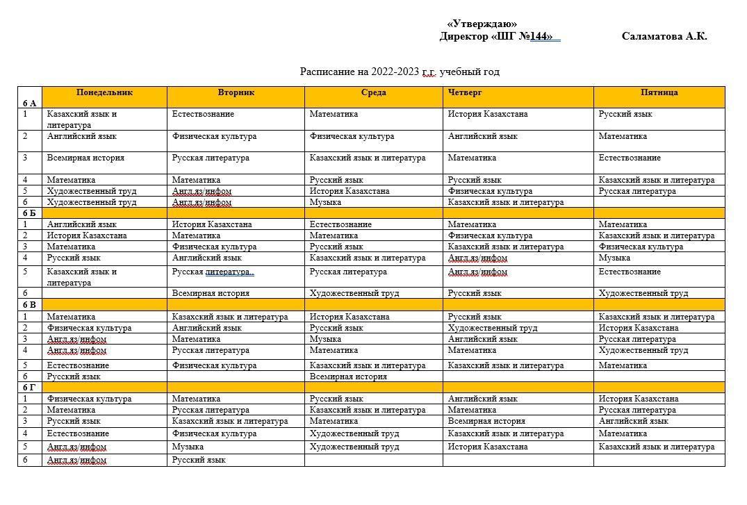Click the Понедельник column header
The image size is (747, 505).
[x=104, y=92]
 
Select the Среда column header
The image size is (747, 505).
[x=374, y=92]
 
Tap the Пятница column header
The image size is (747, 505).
[x=659, y=92]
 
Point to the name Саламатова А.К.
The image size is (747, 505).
[x=664, y=37]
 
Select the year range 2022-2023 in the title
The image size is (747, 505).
[x=395, y=72]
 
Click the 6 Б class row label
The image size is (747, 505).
[x=29, y=213]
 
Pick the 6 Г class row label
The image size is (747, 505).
[x=29, y=388]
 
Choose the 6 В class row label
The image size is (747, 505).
[x=29, y=305]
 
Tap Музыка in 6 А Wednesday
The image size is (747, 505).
[x=325, y=202]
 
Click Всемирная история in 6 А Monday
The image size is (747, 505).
[x=85, y=158]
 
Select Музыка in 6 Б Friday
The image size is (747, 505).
[x=614, y=258]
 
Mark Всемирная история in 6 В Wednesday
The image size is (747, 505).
[x=348, y=376]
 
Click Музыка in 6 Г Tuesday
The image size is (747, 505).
[x=188, y=447]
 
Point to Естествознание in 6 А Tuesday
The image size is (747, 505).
[x=203, y=114]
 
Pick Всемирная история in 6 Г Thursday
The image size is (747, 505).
[x=486, y=421]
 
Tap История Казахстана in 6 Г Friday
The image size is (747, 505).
[x=639, y=399]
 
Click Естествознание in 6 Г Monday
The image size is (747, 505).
[x=78, y=433]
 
